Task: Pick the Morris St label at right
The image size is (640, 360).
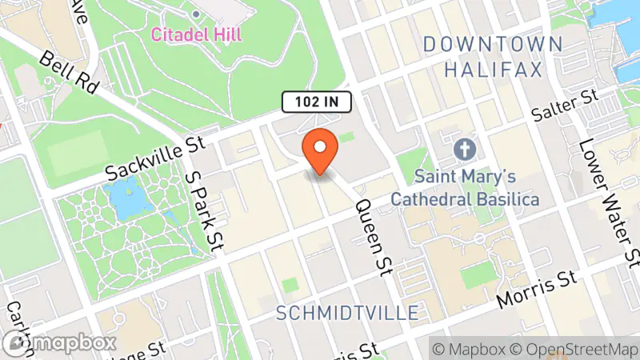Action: pos(537,291)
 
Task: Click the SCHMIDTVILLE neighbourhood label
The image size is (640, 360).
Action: pos(346,312)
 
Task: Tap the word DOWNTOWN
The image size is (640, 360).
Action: pos(482,44)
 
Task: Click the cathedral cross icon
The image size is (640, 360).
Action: pos(464,149)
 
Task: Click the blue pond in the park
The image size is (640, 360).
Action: pos(121,194)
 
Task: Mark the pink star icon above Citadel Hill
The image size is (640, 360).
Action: pos(197,14)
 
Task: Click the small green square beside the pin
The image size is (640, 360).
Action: pos(346,139)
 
